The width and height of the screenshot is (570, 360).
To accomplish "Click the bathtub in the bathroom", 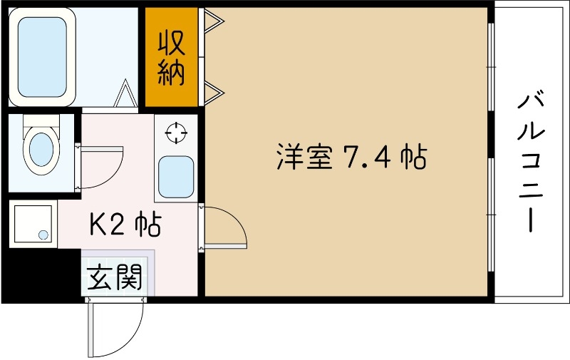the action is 42,57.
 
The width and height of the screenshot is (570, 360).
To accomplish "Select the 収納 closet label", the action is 171,58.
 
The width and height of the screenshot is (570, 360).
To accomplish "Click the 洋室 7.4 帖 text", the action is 351,158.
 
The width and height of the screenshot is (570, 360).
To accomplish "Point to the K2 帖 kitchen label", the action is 125,225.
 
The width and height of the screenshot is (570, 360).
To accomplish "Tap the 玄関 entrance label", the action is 115,277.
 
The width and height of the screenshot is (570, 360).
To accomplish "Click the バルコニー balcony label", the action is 531,162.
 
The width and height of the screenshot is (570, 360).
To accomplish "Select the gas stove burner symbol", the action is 176,133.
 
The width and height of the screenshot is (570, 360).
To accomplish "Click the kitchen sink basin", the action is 176,177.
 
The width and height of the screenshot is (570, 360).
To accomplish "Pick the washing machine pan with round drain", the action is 33,224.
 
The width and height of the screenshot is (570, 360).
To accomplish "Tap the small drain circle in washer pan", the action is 43,235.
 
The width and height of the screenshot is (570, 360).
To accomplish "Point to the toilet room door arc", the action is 99,167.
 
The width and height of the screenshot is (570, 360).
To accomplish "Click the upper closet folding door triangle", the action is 214,21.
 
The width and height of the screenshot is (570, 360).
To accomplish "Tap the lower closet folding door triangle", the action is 214,93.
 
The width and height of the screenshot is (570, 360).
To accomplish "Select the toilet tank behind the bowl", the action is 41,120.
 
